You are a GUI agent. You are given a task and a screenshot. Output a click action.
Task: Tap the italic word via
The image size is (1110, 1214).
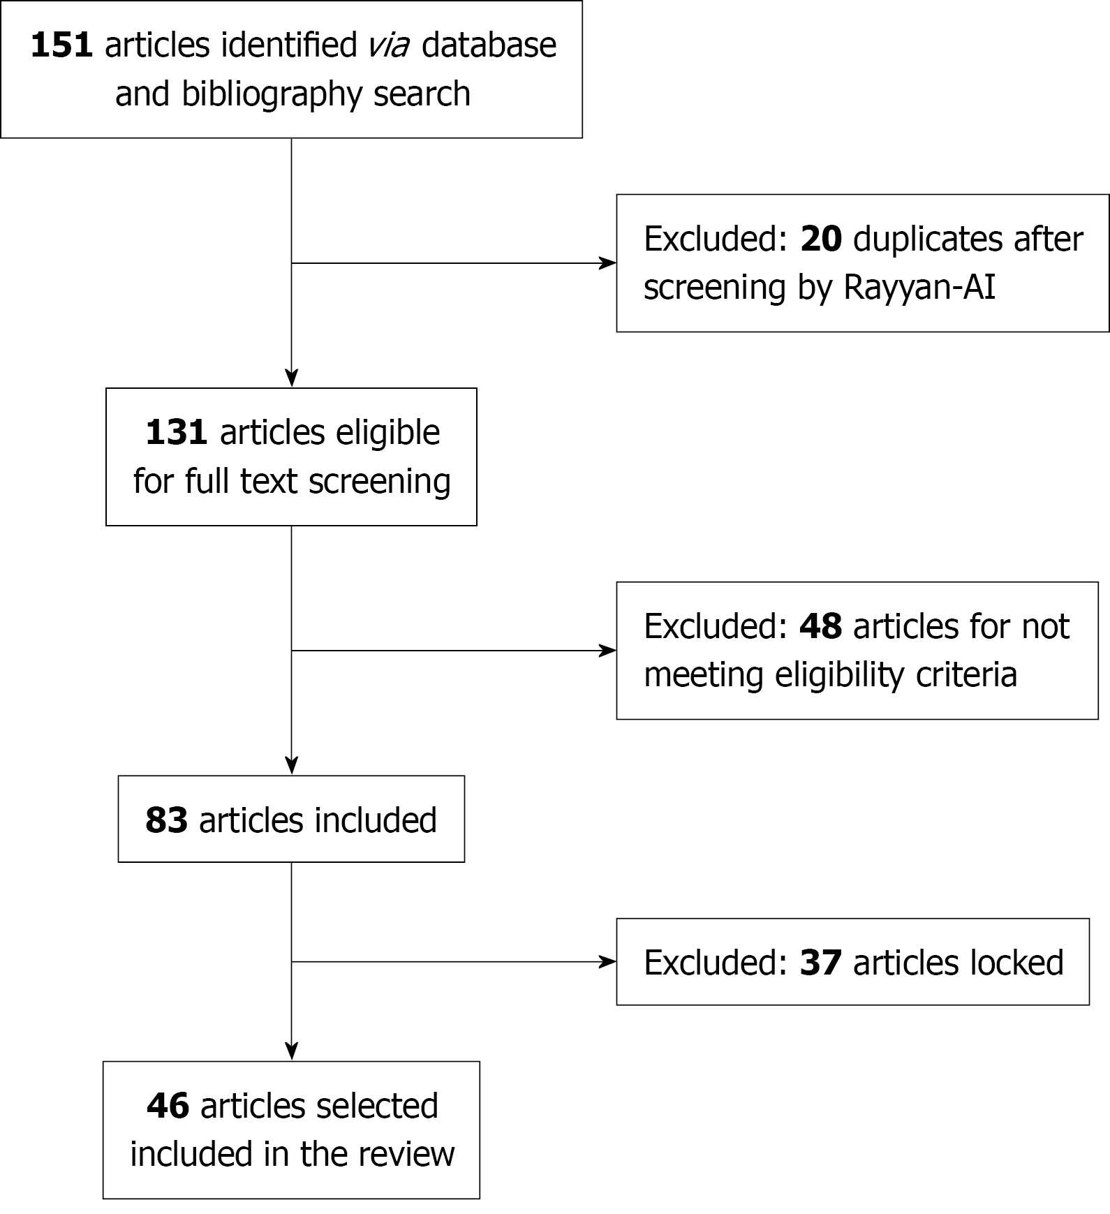(x=389, y=45)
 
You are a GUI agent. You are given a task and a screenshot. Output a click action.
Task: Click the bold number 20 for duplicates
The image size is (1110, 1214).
(x=821, y=239)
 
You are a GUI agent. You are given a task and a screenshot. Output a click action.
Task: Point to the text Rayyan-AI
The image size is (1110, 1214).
(x=919, y=287)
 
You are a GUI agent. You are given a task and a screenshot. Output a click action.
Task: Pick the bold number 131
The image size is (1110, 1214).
(x=175, y=433)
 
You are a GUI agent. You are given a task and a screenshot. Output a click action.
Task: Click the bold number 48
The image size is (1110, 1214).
(x=820, y=626)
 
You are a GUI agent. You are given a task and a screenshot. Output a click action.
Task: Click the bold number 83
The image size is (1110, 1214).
(x=166, y=820)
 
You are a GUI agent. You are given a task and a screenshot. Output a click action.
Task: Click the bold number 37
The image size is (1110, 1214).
(x=820, y=963)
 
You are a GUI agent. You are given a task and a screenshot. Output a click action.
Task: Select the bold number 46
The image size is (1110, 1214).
(x=168, y=1106)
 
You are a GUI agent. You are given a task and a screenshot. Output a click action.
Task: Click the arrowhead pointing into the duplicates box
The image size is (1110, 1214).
(x=609, y=263)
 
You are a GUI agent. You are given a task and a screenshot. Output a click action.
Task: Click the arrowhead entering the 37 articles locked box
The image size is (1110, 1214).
(x=609, y=962)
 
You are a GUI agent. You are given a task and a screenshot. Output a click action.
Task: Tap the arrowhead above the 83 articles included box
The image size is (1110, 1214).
(x=292, y=766)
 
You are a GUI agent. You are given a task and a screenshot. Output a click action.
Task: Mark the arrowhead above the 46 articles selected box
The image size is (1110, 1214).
(x=292, y=1051)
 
